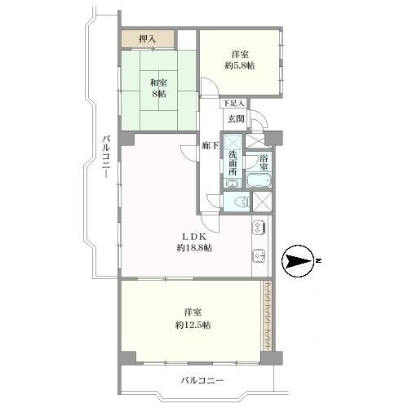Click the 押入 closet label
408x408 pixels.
click(x=147, y=39)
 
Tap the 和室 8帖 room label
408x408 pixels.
click(x=158, y=87)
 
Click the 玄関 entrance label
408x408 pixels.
click(x=236, y=119)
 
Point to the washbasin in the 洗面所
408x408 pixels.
click(x=233, y=184)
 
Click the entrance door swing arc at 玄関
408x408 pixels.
click(x=259, y=121)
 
